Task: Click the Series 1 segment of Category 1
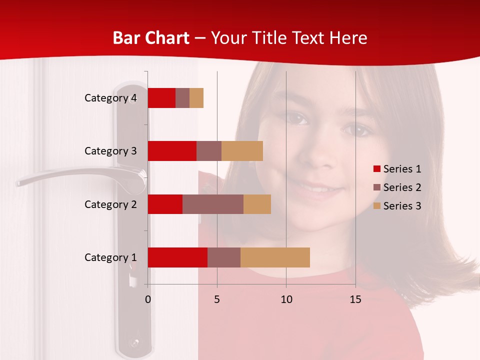(x=177, y=257)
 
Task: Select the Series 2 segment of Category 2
(x=213, y=204)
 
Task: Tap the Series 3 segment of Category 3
(x=242, y=151)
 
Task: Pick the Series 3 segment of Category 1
(x=275, y=257)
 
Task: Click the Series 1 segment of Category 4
(x=161, y=98)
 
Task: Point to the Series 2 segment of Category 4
(x=182, y=98)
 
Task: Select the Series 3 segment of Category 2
(x=257, y=204)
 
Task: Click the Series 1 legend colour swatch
(x=377, y=169)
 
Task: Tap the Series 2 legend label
(x=402, y=187)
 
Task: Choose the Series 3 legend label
(x=402, y=206)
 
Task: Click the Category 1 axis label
(x=110, y=257)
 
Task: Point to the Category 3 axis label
(x=110, y=151)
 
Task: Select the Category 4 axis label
(x=110, y=98)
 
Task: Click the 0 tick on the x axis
(x=148, y=299)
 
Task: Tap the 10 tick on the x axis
(x=286, y=299)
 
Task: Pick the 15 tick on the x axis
(x=355, y=299)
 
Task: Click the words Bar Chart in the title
(x=151, y=38)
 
